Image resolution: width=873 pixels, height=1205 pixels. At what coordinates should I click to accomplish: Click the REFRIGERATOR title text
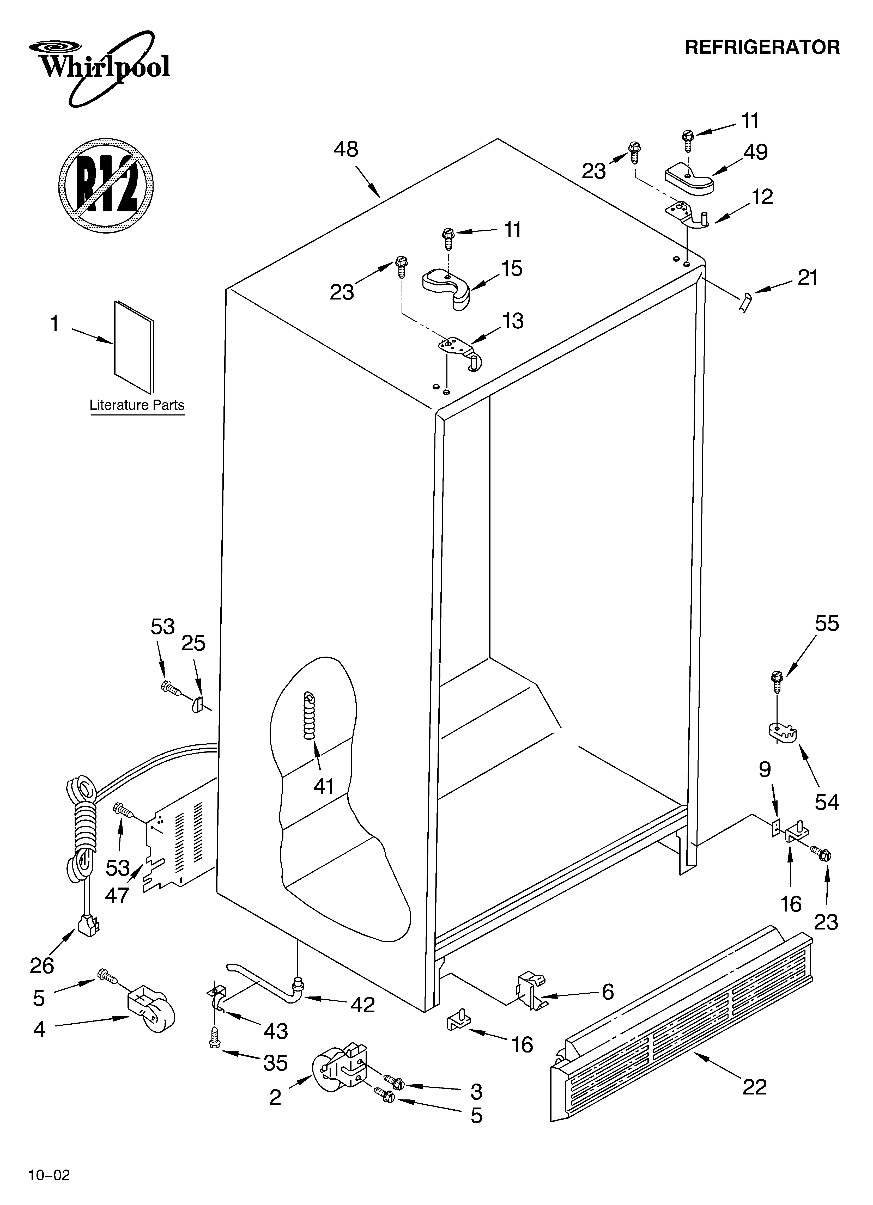[x=762, y=47]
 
